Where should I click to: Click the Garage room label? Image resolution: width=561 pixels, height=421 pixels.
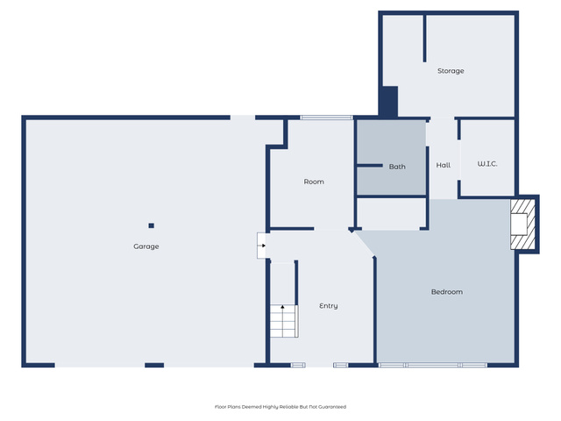pyautogui.click(x=146, y=246)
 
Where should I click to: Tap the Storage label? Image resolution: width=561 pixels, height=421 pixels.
pyautogui.click(x=451, y=71)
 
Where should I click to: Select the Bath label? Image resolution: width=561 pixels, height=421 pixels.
pyautogui.click(x=397, y=167)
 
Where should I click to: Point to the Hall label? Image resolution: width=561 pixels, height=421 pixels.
pyautogui.click(x=444, y=165)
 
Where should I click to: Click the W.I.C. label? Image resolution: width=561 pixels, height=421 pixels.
pyautogui.click(x=487, y=164)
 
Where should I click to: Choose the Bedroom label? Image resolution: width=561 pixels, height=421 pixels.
pyautogui.click(x=447, y=292)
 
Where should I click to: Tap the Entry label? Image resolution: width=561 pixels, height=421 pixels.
pyautogui.click(x=329, y=306)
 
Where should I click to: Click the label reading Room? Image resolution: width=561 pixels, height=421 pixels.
pyautogui.click(x=314, y=182)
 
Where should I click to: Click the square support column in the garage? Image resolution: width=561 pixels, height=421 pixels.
pyautogui.click(x=152, y=225)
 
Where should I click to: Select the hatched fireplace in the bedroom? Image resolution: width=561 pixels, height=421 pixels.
pyautogui.click(x=522, y=225)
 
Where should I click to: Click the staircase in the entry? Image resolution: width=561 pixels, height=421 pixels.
pyautogui.click(x=284, y=321)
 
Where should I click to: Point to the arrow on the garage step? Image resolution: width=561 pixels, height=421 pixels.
pyautogui.click(x=263, y=246)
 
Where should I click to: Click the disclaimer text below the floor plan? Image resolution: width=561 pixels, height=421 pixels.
pyautogui.click(x=280, y=407)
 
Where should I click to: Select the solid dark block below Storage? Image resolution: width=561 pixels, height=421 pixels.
pyautogui.click(x=388, y=102)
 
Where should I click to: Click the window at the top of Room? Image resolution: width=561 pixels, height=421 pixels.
pyautogui.click(x=327, y=118)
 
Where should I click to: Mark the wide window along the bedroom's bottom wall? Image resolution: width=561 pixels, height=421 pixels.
pyautogui.click(x=433, y=365)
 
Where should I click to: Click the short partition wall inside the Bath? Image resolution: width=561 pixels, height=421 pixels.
pyautogui.click(x=370, y=166)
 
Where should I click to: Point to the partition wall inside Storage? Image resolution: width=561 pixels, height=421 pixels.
pyautogui.click(x=424, y=38)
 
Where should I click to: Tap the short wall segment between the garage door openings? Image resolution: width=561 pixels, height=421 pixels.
pyautogui.click(x=154, y=365)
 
